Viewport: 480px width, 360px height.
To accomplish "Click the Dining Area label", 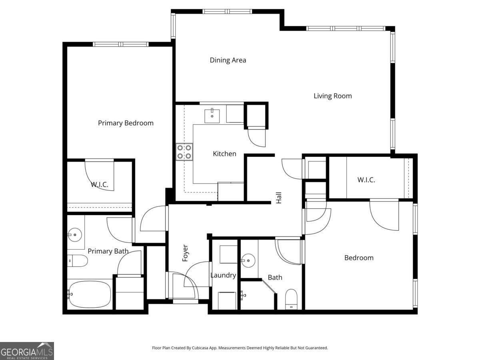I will (228, 60).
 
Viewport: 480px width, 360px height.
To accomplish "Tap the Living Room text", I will (332, 96).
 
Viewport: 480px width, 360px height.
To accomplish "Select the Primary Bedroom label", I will (126, 123).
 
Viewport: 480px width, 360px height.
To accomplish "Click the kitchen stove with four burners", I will (184, 152).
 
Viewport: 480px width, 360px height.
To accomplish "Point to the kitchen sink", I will (212, 115).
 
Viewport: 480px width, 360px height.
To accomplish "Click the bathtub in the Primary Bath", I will (89, 294).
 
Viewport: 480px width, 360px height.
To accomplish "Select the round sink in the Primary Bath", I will (74, 235).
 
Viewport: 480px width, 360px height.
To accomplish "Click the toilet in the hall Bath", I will (291, 299).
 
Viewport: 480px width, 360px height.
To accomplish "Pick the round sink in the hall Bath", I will (249, 261).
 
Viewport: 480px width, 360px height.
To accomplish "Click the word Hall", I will (279, 198).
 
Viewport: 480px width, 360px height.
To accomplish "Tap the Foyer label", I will (185, 253).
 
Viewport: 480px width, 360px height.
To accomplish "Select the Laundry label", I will (223, 275).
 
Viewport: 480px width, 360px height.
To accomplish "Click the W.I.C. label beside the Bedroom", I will (366, 180).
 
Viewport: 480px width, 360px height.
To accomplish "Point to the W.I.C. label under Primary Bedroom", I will (100, 184).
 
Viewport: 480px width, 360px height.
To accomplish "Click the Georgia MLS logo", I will (27, 351).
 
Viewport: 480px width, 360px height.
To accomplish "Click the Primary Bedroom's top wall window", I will (121, 44).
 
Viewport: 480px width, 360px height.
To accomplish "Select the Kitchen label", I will (224, 154).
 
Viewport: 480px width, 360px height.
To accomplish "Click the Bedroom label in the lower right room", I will (359, 258).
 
